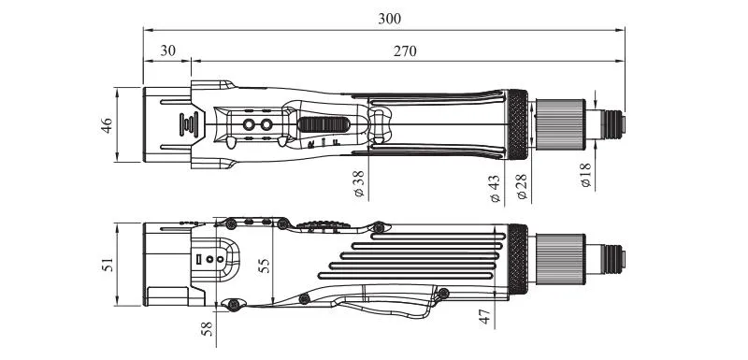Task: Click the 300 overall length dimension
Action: (390, 19)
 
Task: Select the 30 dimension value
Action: (167, 50)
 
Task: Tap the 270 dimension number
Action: (405, 51)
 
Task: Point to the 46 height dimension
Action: (107, 125)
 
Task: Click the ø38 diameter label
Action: (359, 183)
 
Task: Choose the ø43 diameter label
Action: (496, 188)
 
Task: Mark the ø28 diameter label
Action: (522, 186)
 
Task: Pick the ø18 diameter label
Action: (586, 175)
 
